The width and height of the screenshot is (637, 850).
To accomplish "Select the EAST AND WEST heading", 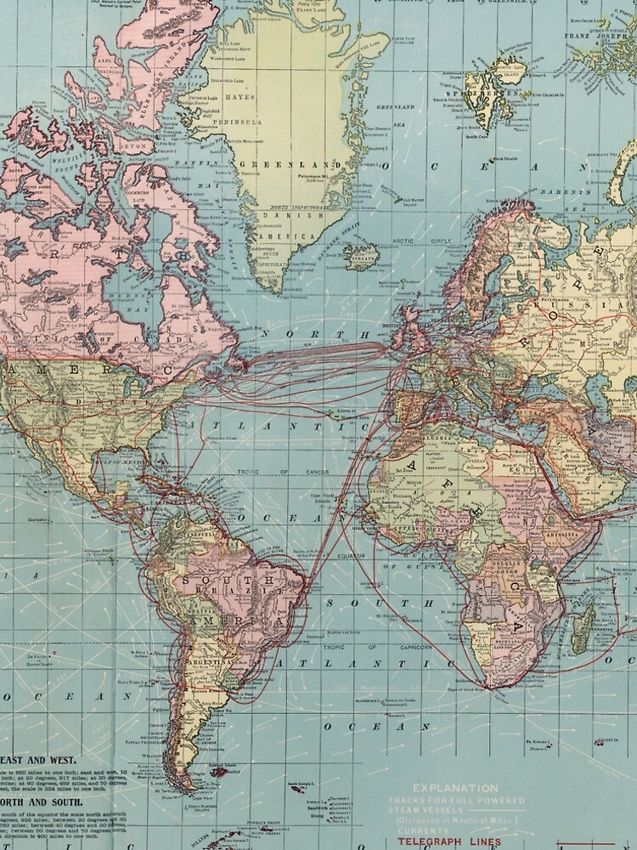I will coord(38,759).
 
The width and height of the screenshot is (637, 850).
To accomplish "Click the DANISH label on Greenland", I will coord(279,216).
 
